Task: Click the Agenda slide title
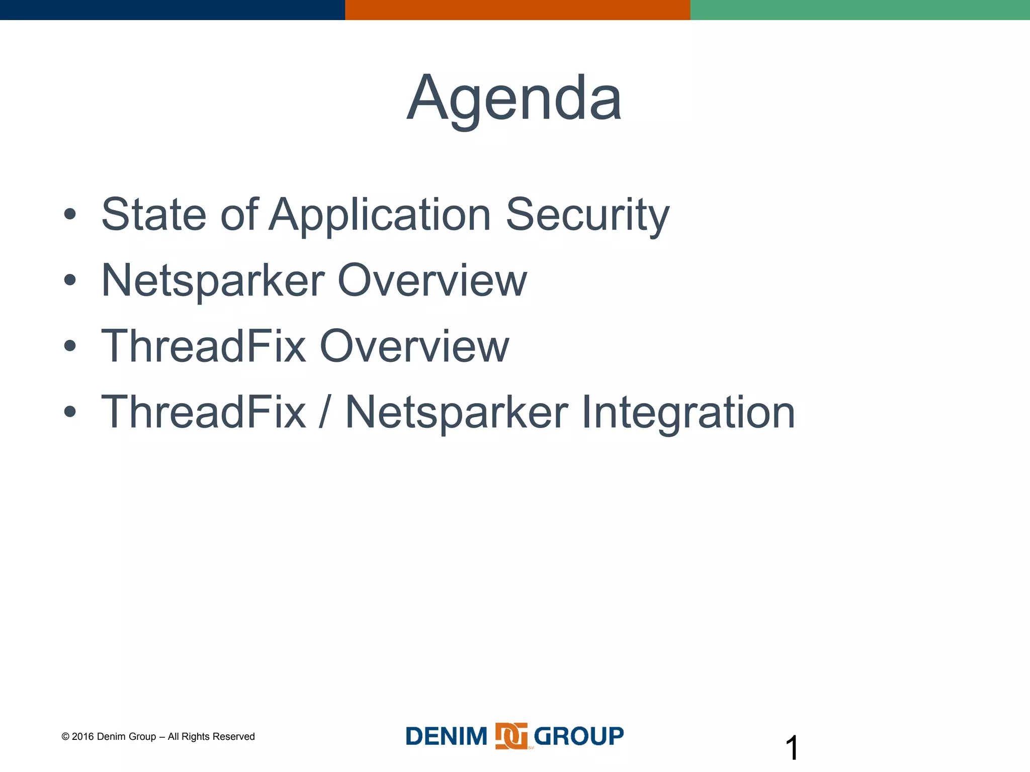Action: click(514, 99)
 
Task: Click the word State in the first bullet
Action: click(153, 215)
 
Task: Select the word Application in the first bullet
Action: click(380, 216)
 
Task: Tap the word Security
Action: click(587, 216)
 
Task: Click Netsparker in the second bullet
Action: click(213, 281)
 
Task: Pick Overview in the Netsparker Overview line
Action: click(432, 280)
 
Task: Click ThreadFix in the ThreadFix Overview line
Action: click(203, 346)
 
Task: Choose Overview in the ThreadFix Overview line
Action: click(414, 346)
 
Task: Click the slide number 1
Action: click(791, 748)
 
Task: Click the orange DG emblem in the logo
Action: click(511, 736)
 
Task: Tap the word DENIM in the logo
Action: click(446, 737)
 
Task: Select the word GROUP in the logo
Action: click(578, 737)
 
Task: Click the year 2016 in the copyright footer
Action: click(82, 737)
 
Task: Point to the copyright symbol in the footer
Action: click(65, 737)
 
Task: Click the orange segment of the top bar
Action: click(517, 10)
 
